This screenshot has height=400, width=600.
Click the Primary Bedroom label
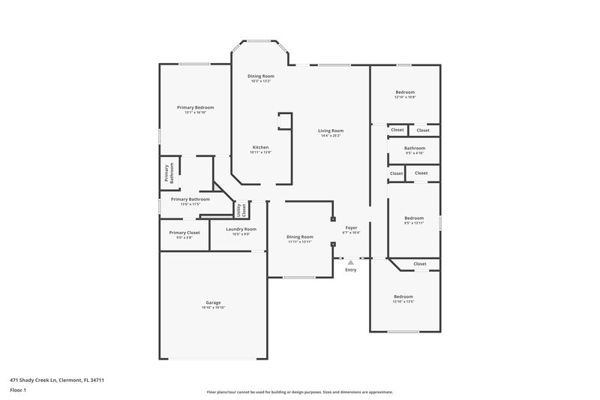click(190, 107)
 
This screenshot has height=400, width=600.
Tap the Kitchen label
click(260, 147)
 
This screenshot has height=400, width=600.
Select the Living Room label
click(331, 131)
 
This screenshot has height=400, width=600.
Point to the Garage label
click(213, 302)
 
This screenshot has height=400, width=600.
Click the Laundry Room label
click(241, 229)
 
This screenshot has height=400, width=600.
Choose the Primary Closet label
click(184, 233)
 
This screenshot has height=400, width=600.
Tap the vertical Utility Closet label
click(241, 210)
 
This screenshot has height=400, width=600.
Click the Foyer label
click(351, 227)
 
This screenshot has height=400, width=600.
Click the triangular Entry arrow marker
click(350, 262)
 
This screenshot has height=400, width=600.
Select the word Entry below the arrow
click(350, 270)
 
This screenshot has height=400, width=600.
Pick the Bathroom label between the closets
click(415, 148)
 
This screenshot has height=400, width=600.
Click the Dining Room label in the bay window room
click(261, 76)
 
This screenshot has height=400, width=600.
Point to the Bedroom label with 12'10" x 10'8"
click(405, 92)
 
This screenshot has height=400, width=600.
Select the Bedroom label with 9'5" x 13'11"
click(414, 218)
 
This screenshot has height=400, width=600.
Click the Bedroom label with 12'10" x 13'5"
click(403, 296)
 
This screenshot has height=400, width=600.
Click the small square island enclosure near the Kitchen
click(284, 122)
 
